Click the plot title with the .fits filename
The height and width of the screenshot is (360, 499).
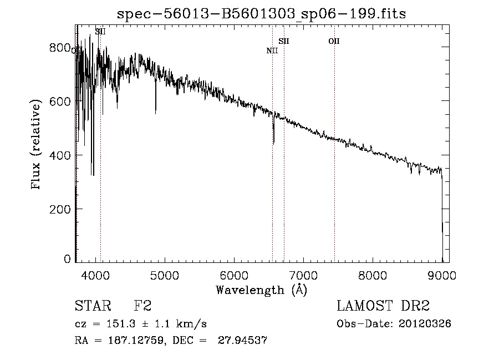click(x=261, y=14)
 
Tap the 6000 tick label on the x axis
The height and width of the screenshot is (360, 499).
click(x=234, y=275)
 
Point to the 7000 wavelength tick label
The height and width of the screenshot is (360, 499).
click(x=303, y=275)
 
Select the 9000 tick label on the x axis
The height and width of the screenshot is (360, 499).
click(x=442, y=275)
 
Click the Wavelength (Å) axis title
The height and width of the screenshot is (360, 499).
click(x=261, y=289)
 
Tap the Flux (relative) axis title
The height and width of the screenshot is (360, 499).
click(x=37, y=145)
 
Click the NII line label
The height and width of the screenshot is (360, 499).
click(x=272, y=51)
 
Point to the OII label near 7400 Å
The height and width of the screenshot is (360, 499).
click(x=334, y=41)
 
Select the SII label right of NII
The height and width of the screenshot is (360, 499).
click(x=284, y=41)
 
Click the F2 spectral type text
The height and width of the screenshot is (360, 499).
click(x=143, y=306)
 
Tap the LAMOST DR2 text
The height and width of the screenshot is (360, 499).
click(x=383, y=306)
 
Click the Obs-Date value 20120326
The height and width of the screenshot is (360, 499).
click(x=425, y=324)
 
